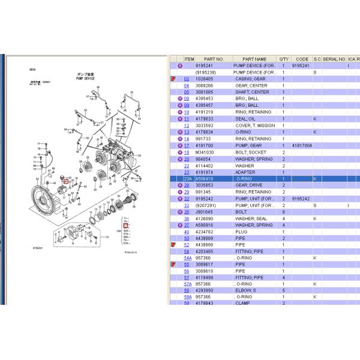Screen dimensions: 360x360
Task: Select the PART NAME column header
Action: (254, 59)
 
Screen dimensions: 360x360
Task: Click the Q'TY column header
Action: (284, 59)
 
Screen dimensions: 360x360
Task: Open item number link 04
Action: (187, 86)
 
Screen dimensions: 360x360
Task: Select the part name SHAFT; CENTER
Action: (252, 92)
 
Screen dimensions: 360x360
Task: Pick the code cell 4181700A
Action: (303, 145)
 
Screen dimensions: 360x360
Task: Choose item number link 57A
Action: (187, 284)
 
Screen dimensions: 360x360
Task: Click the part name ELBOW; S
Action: (247, 290)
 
